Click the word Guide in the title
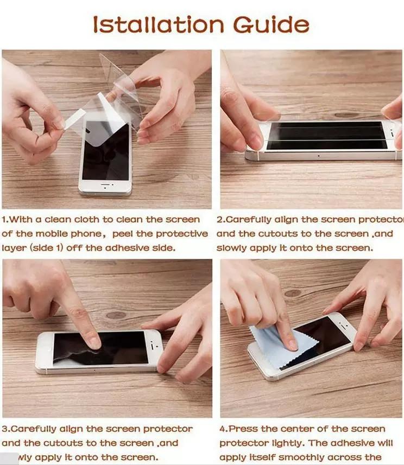click(x=271, y=24)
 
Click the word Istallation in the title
click(x=158, y=24)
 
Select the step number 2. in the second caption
click(x=220, y=220)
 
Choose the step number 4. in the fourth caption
click(x=223, y=429)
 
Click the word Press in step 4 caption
click(x=243, y=429)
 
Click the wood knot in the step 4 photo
click(x=292, y=293)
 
